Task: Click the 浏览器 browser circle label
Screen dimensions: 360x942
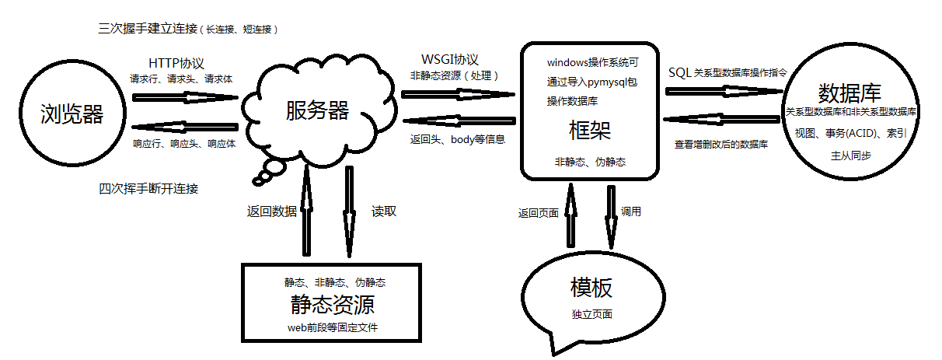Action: pyautogui.click(x=72, y=114)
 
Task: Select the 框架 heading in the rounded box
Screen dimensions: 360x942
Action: pyautogui.click(x=590, y=131)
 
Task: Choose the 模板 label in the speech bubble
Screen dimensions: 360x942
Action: pyautogui.click(x=591, y=288)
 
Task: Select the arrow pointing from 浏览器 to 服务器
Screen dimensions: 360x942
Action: pyautogui.click(x=185, y=97)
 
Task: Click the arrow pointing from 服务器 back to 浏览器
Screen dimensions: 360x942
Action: pyautogui.click(x=185, y=127)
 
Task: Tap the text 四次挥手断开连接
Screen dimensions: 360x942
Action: pyautogui.click(x=148, y=189)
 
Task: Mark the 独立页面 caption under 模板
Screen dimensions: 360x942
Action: pyautogui.click(x=591, y=314)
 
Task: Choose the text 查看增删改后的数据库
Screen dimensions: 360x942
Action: pyautogui.click(x=722, y=145)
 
